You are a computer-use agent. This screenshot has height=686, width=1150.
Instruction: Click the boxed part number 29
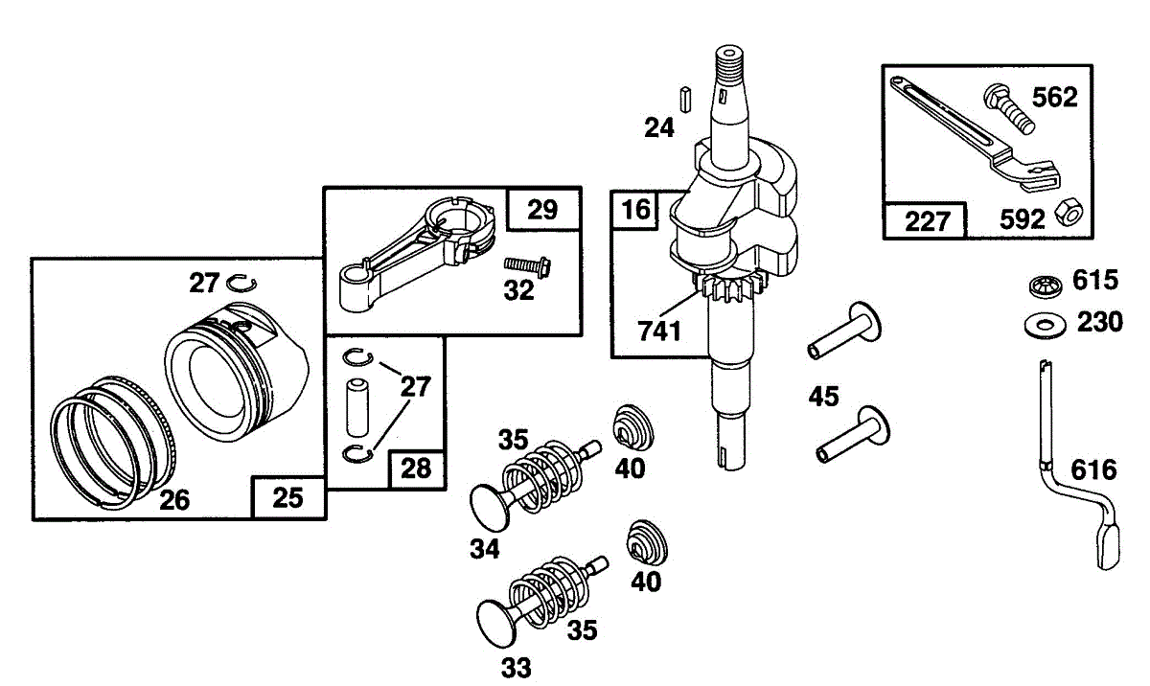click(x=542, y=210)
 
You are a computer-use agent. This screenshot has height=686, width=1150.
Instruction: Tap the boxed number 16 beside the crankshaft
click(x=635, y=210)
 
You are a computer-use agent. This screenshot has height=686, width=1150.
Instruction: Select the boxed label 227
click(x=927, y=221)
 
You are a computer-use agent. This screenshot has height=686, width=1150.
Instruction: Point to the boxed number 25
click(x=288, y=497)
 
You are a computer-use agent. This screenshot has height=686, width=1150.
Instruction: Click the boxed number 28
click(x=416, y=469)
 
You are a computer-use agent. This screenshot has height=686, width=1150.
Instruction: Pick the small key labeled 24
click(x=685, y=99)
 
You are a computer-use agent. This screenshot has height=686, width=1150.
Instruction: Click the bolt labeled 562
click(x=1008, y=108)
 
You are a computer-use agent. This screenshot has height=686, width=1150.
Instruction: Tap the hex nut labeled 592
click(x=1069, y=213)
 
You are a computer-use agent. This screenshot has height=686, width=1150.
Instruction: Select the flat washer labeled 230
click(x=1045, y=326)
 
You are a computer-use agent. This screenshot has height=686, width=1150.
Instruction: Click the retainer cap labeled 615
click(x=1046, y=286)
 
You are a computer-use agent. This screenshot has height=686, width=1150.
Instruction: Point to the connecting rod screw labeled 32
click(x=527, y=266)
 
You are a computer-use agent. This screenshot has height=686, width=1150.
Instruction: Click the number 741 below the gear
click(x=659, y=331)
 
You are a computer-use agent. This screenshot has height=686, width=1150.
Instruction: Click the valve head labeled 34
click(x=490, y=508)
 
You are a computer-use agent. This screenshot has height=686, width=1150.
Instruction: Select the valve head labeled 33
click(x=496, y=624)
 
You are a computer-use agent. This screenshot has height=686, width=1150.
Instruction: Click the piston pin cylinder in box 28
click(x=357, y=408)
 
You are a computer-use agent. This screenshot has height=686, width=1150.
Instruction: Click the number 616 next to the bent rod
click(x=1093, y=470)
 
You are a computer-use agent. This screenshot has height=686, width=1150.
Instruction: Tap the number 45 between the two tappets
click(x=823, y=397)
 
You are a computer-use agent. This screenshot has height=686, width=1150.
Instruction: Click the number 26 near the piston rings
click(x=174, y=500)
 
